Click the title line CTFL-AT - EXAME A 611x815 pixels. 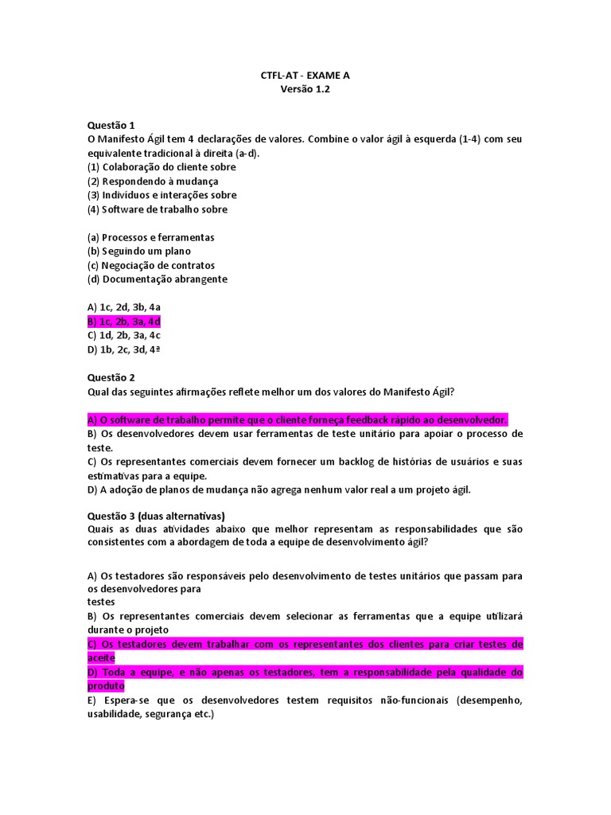pyautogui.click(x=305, y=76)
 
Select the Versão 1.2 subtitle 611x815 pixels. pyautogui.click(x=305, y=90)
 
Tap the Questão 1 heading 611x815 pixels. pyautogui.click(x=111, y=125)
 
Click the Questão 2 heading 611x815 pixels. pyautogui.click(x=111, y=377)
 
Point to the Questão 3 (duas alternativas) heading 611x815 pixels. pyautogui.click(x=156, y=515)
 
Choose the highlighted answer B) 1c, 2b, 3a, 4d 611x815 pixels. pyautogui.click(x=124, y=322)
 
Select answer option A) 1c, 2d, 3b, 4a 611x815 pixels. pyautogui.click(x=124, y=307)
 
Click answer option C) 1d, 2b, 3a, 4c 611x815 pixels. pyautogui.click(x=124, y=335)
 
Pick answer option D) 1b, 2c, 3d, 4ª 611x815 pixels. pyautogui.click(x=124, y=349)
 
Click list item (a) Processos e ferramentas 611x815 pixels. pyautogui.click(x=150, y=237)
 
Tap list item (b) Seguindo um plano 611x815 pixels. pyautogui.click(x=139, y=252)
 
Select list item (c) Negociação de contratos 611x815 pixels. pyautogui.click(x=151, y=265)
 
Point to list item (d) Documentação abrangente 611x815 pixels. pyautogui.click(x=157, y=279)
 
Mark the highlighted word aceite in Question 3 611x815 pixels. pyautogui.click(x=101, y=658)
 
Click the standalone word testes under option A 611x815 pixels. pyautogui.click(x=101, y=602)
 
